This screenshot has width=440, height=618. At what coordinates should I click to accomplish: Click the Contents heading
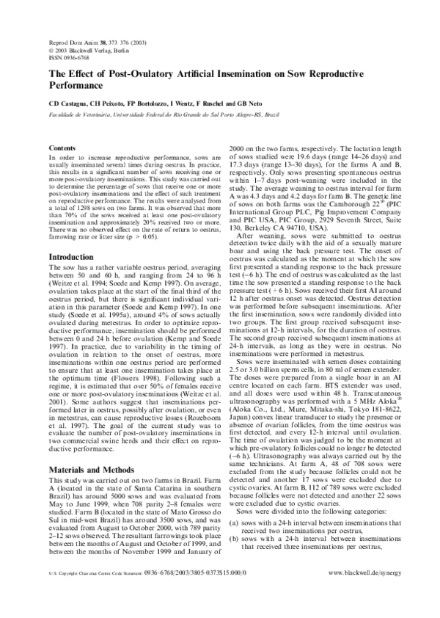pos(61,148)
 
